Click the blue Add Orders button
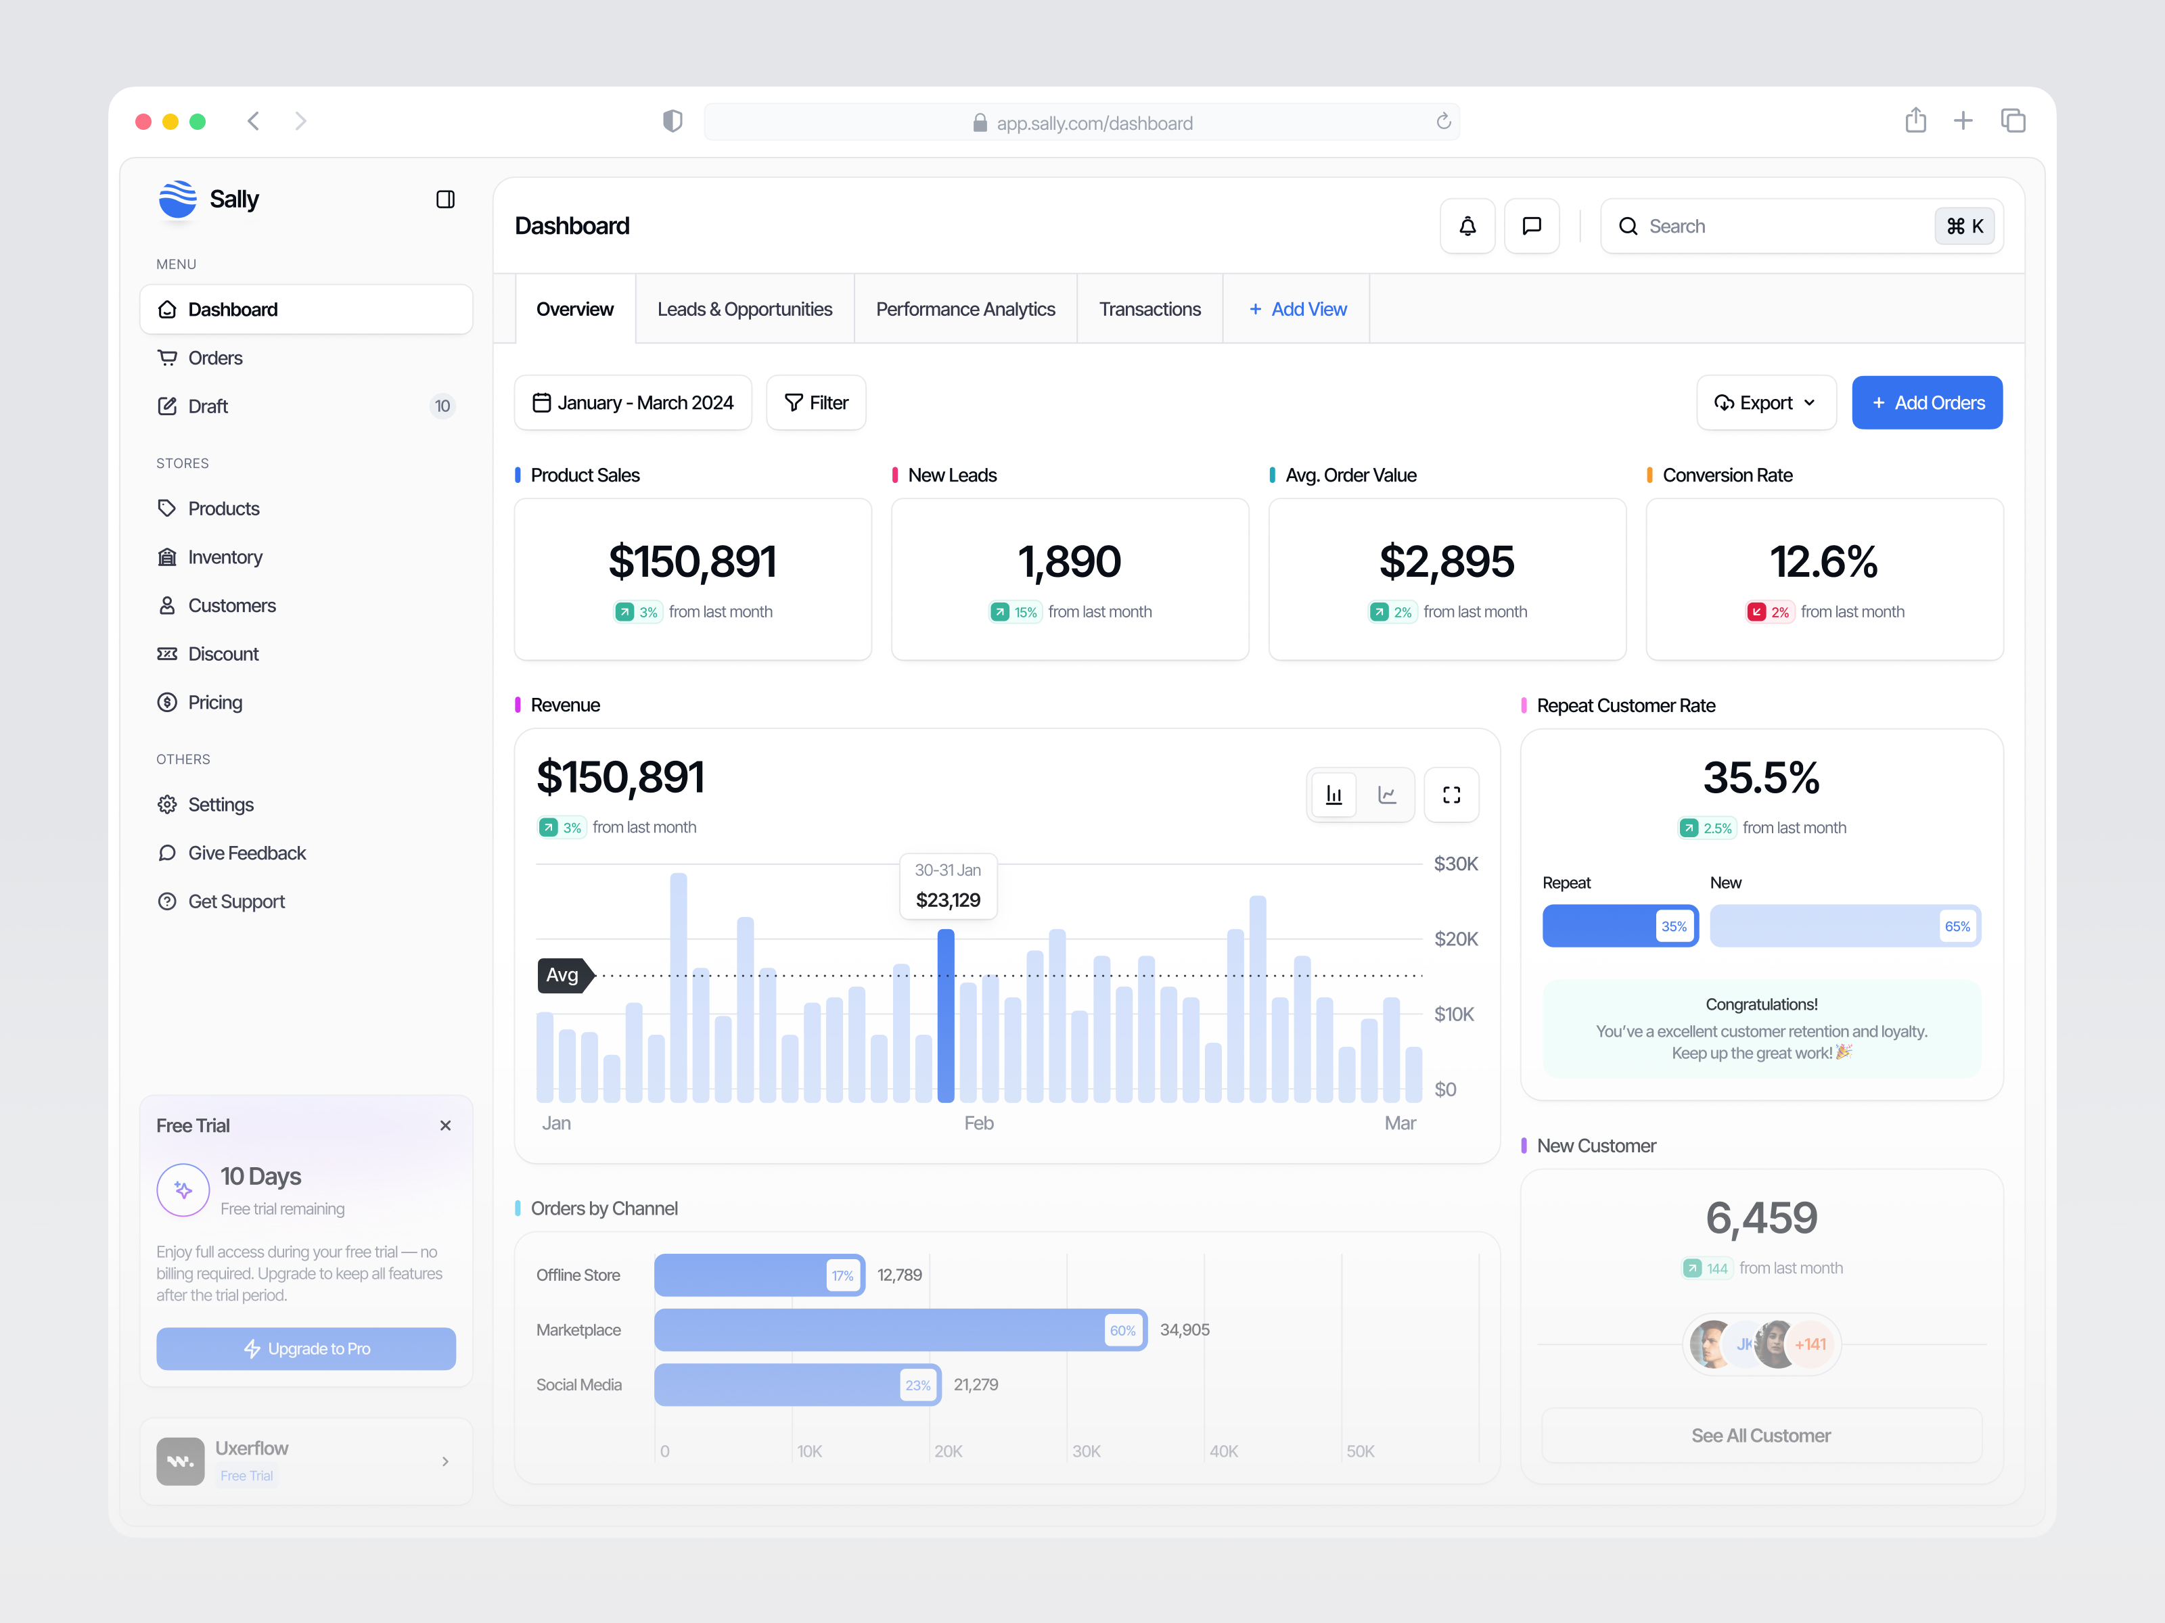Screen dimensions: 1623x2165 click(1926, 403)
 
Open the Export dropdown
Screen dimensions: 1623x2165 click(1764, 403)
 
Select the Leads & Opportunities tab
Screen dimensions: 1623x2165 click(744, 309)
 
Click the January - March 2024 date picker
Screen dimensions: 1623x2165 click(633, 403)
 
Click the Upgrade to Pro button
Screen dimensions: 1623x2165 click(306, 1348)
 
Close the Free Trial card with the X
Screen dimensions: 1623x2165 click(445, 1125)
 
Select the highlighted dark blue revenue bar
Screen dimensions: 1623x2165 click(945, 1016)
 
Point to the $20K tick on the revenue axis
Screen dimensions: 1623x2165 click(1455, 939)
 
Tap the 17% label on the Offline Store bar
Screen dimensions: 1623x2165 click(842, 1275)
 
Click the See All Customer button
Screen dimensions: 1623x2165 click(1761, 1435)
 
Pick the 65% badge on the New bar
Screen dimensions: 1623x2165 click(1957, 926)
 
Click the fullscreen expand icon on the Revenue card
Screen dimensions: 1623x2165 click(1451, 795)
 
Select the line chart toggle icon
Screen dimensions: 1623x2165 click(1387, 795)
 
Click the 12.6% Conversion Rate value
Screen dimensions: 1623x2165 click(1823, 561)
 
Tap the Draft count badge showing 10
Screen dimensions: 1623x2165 click(442, 406)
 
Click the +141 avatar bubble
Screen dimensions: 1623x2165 click(1810, 1344)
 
